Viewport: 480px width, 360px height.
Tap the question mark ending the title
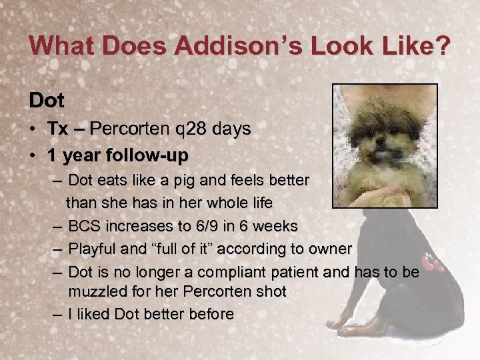tap(442, 46)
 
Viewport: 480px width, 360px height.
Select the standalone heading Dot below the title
tap(47, 101)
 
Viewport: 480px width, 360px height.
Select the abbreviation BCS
tap(84, 225)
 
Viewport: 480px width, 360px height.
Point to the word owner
tap(328, 249)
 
